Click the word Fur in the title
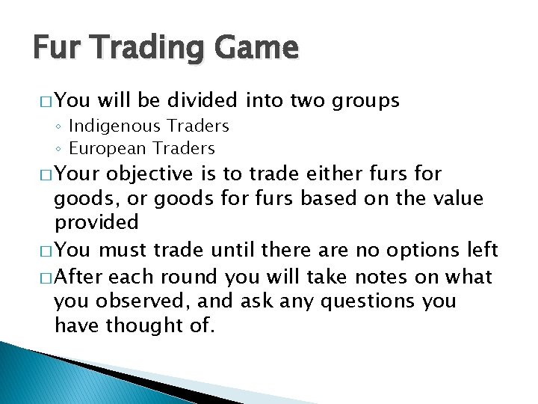53,49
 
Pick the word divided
201,100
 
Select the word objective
150,175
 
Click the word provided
96,223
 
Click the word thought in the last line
142,325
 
